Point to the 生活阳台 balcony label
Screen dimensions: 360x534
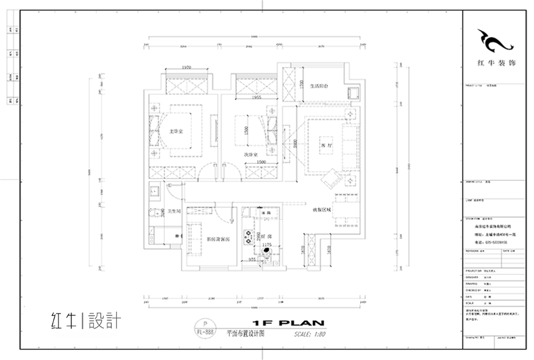(319, 86)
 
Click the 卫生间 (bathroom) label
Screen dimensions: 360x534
(174, 212)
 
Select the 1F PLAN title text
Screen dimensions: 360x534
(281, 323)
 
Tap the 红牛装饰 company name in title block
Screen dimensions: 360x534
(496, 63)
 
